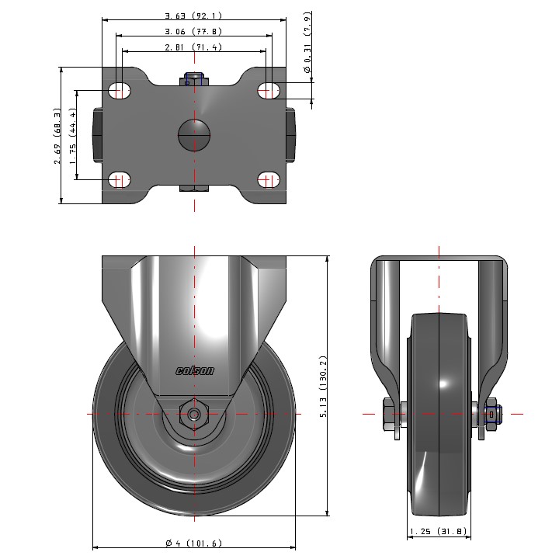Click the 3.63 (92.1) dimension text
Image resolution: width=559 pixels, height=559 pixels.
pos(193,16)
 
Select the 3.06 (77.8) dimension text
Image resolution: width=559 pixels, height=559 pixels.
pos(193,32)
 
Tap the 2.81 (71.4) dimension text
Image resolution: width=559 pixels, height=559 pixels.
pos(193,47)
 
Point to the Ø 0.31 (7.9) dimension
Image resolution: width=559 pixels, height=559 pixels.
pos(307,43)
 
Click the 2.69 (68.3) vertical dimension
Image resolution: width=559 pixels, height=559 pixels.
pos(57,136)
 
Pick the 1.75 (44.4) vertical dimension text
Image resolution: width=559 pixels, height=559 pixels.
pos(73,136)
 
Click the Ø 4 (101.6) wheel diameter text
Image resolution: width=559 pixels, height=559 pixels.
pos(193,543)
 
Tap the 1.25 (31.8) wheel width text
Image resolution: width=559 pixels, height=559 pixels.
pos(438,532)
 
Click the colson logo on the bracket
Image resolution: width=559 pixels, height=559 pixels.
pos(194,371)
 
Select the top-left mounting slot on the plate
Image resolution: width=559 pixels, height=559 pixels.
pos(119,91)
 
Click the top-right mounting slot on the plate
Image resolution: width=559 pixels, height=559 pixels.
pos(269,91)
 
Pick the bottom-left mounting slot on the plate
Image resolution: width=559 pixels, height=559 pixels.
pos(119,181)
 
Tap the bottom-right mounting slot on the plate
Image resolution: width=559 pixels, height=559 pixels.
pos(269,181)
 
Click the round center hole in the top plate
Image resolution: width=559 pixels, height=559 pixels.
pos(194,135)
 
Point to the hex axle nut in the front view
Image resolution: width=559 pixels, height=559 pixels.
pos(194,413)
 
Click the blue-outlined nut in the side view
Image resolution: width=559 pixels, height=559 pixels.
pos(493,414)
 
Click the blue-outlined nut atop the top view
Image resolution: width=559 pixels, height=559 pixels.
pos(194,79)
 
